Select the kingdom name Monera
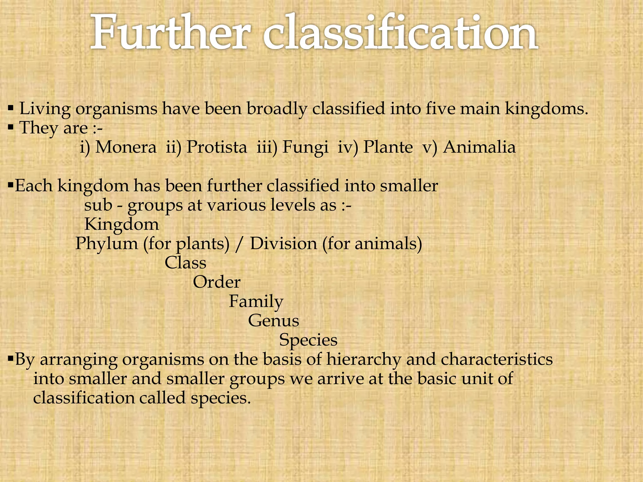click(x=126, y=147)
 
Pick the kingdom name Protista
click(x=217, y=147)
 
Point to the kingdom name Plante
click(x=388, y=147)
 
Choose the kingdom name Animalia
click(x=479, y=147)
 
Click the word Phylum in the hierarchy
click(x=106, y=244)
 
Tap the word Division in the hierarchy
click(x=283, y=244)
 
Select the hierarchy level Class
click(x=185, y=263)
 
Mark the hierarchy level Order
click(x=217, y=282)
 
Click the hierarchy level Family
click(x=256, y=302)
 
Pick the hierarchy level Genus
click(x=273, y=321)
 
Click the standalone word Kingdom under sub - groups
click(x=122, y=225)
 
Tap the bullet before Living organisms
click(x=11, y=109)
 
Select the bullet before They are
click(x=11, y=128)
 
